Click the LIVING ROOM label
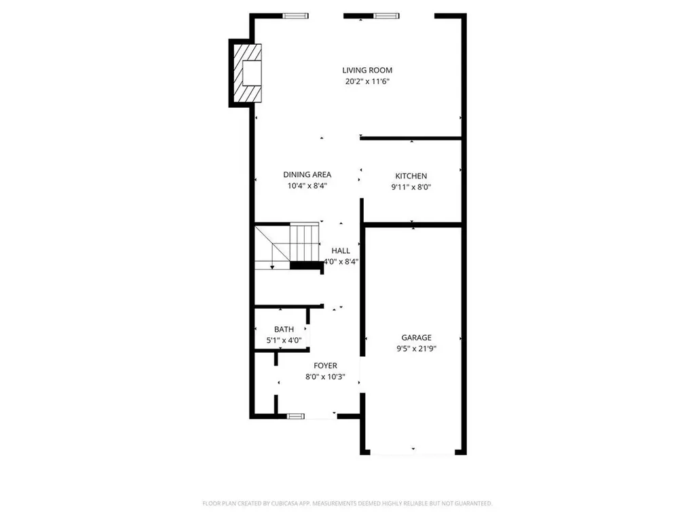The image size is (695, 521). click(x=367, y=70)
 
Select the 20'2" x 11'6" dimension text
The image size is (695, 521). click(x=367, y=81)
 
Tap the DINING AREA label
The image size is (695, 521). click(x=307, y=174)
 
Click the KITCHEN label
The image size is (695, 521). click(x=411, y=176)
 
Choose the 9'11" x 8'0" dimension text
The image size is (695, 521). click(x=411, y=187)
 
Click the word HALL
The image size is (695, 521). click(x=341, y=250)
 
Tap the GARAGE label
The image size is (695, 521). click(x=416, y=337)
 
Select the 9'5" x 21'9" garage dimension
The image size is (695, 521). click(x=416, y=349)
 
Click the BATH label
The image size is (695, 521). click(x=284, y=329)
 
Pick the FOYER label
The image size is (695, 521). click(x=325, y=366)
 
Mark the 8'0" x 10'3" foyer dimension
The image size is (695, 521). click(x=325, y=377)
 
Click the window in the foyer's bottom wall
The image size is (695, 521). click(x=296, y=416)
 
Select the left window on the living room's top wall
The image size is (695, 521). click(x=295, y=16)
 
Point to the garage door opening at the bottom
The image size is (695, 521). click(x=413, y=453)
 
